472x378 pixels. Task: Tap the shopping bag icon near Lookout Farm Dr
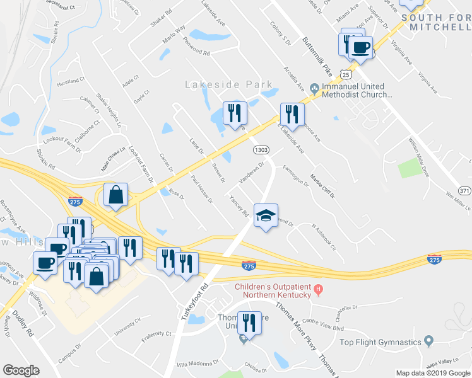[x=116, y=195]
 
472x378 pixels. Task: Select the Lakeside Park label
[x=228, y=84]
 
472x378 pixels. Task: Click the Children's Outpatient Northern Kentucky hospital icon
[x=319, y=290]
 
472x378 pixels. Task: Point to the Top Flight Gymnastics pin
[x=428, y=341]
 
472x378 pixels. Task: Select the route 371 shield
[x=464, y=191]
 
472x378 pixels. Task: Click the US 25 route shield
[x=345, y=74]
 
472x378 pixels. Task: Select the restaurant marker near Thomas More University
[x=249, y=324]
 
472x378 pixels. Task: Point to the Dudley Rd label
[x=21, y=324]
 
